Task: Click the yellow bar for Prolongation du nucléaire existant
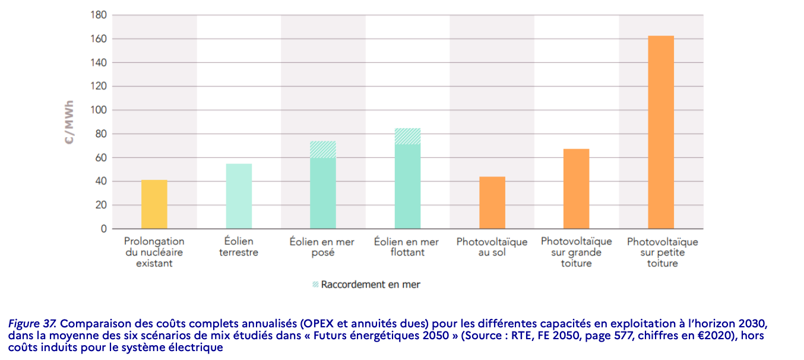[x=154, y=204]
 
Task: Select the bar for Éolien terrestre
[x=239, y=196]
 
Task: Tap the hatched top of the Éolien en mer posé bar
[x=323, y=149]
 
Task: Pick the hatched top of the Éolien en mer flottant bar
[x=407, y=136]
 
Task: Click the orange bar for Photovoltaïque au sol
[x=492, y=203]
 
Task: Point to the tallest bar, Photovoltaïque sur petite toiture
[x=661, y=132]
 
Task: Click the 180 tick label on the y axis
[x=99, y=15]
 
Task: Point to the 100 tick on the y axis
[x=99, y=110]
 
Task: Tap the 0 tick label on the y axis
[x=104, y=229]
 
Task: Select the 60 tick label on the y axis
[x=101, y=157]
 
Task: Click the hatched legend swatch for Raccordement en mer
[x=315, y=285]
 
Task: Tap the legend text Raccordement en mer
[x=371, y=285]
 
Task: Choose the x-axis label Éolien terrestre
[x=239, y=247]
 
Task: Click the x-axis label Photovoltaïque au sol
[x=492, y=247]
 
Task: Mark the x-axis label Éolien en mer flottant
[x=407, y=247]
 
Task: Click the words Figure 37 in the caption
[x=32, y=324]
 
